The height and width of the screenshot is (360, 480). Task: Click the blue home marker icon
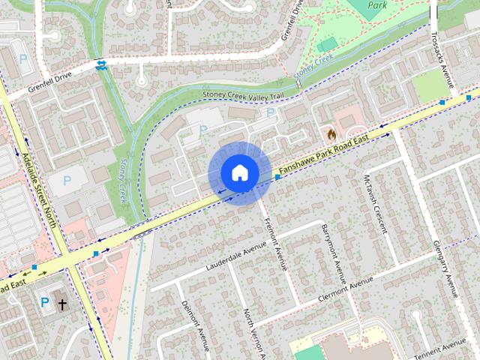tap(238, 172)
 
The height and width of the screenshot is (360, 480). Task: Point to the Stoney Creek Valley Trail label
tap(243, 94)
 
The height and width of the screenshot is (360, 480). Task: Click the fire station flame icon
tap(330, 133)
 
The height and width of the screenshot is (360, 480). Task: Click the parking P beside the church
tap(45, 302)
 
